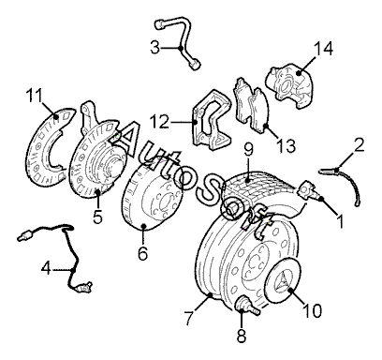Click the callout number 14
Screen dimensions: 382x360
click(323, 49)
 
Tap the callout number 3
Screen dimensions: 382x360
click(154, 48)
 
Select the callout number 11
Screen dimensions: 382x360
click(34, 96)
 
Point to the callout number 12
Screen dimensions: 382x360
click(159, 122)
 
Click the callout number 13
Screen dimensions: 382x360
click(286, 145)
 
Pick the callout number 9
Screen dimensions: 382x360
click(248, 150)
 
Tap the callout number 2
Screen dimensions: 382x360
click(360, 145)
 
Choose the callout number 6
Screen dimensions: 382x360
click(142, 253)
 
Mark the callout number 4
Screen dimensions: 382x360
click(46, 268)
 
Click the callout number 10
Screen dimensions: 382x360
click(313, 310)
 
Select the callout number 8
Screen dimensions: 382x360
click(242, 336)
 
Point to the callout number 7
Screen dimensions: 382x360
click(190, 317)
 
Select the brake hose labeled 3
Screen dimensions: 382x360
click(182, 40)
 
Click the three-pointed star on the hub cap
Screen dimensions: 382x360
click(284, 279)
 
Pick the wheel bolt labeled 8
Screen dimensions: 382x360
click(247, 306)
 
